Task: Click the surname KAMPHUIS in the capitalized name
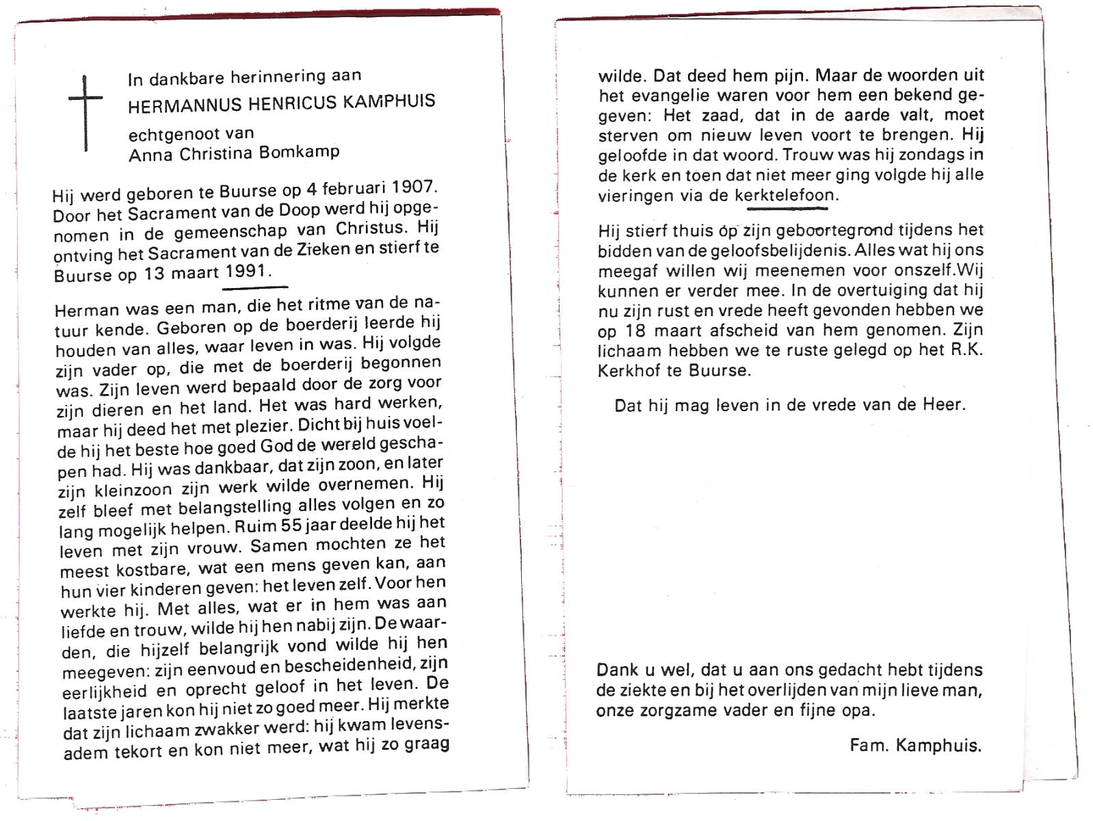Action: point(389,102)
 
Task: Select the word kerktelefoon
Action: point(784,195)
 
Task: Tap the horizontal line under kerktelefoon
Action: point(791,207)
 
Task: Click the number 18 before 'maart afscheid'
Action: point(635,330)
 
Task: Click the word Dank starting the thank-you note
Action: point(618,670)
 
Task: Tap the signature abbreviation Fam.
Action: point(868,745)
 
